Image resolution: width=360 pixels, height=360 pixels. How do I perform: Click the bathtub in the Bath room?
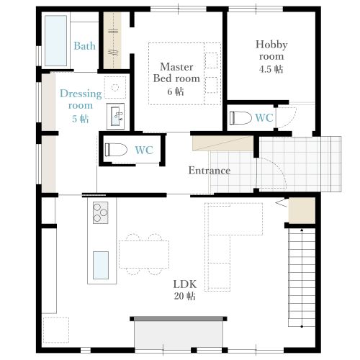(55, 40)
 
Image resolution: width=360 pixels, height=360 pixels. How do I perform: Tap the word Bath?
(84, 46)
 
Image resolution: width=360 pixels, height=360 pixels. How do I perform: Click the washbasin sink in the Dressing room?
(115, 117)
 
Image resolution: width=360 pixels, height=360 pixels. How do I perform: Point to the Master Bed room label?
(176, 73)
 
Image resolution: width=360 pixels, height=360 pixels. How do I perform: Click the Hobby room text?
(271, 50)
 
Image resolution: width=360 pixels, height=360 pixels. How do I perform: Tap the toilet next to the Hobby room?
(240, 118)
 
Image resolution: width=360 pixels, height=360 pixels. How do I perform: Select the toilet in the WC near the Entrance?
(116, 150)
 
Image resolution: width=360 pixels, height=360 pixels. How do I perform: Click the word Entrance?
(210, 171)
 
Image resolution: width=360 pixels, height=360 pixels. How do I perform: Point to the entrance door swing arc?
(279, 167)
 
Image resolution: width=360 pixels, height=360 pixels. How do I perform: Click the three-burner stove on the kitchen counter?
(101, 212)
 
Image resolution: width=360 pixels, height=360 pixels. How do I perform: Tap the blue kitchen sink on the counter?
(101, 265)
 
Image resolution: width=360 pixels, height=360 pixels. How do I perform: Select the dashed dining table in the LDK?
(144, 254)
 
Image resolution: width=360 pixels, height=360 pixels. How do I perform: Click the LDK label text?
(185, 284)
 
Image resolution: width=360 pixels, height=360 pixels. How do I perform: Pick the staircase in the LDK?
(302, 277)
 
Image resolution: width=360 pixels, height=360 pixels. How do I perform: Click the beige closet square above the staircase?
(302, 210)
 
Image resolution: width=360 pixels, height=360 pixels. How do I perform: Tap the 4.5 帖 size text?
(271, 69)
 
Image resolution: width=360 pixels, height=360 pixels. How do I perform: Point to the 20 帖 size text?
(185, 296)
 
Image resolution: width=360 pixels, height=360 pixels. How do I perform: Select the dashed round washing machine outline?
(115, 87)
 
